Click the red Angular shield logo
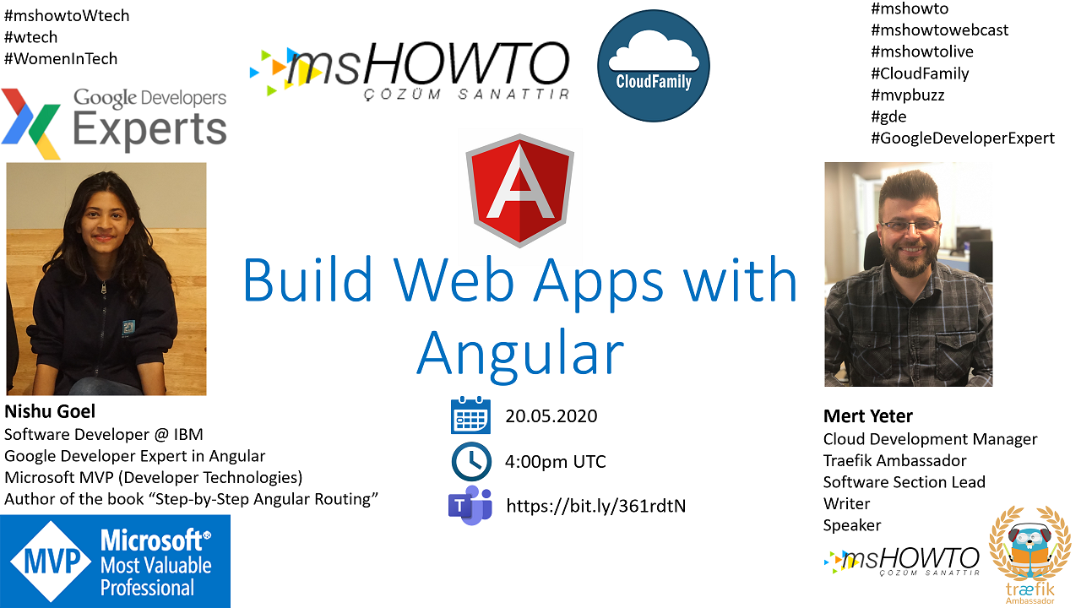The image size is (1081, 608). [x=519, y=191]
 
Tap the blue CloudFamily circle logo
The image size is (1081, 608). [x=654, y=66]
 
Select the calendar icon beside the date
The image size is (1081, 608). [x=470, y=415]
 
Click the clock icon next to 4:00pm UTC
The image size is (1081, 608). [x=471, y=461]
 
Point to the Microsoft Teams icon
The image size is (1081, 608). [x=470, y=505]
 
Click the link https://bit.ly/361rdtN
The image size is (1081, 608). [x=595, y=506]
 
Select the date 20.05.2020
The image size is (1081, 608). [x=551, y=416]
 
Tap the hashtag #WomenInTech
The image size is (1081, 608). [x=61, y=59]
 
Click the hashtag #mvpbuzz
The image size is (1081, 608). [x=907, y=95]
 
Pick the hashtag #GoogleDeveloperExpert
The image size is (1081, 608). [x=962, y=138]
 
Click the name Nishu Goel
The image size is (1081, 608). [x=50, y=411]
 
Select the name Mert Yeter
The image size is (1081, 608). [x=867, y=416]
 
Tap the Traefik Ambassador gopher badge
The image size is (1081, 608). [x=1029, y=555]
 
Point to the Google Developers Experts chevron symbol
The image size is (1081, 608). [x=31, y=123]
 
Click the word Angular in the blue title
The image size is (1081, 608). [x=519, y=355]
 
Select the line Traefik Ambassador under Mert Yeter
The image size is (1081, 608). [x=894, y=461]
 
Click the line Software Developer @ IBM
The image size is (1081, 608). [x=104, y=435]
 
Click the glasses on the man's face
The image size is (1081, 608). [x=910, y=225]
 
